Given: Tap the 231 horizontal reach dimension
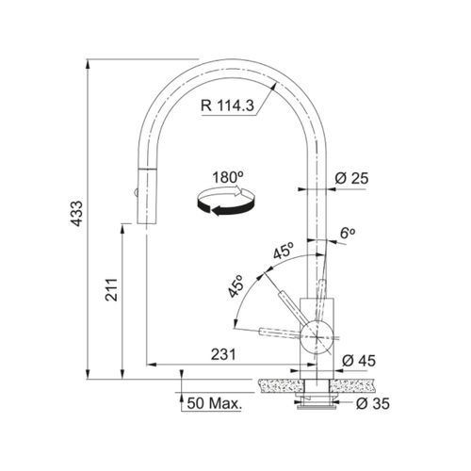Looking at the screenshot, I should pyautogui.click(x=222, y=354).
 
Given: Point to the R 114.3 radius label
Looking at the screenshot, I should pyautogui.click(x=232, y=105).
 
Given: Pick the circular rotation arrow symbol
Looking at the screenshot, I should pyautogui.click(x=224, y=202).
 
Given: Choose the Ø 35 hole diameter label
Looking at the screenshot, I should pyautogui.click(x=369, y=404).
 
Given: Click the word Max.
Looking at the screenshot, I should pyautogui.click(x=224, y=404).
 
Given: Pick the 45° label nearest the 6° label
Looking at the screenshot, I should pyautogui.click(x=282, y=252).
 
